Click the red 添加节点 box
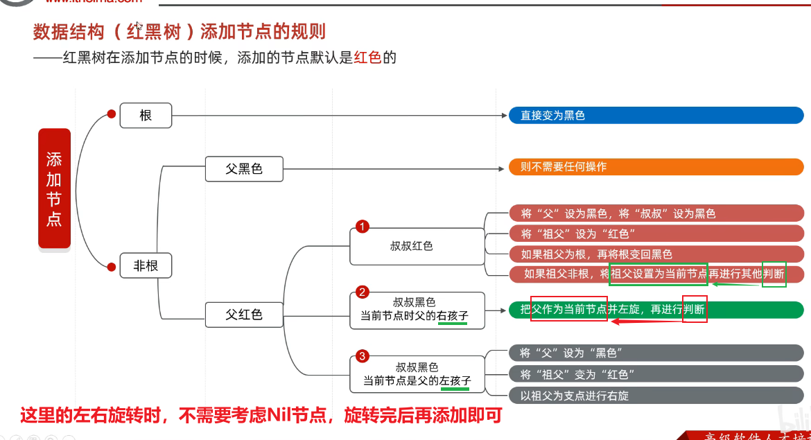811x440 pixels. point(54,188)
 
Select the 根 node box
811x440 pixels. point(146,115)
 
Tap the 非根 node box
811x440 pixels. point(146,265)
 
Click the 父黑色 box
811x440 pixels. point(244,168)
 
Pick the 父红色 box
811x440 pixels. point(244,314)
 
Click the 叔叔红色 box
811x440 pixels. point(416,246)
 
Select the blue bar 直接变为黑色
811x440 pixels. point(655,115)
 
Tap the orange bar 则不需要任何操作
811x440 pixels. point(655,167)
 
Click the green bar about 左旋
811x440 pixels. point(655,309)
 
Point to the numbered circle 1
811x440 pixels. point(362,227)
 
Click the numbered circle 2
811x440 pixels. point(362,292)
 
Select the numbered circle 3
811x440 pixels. point(362,356)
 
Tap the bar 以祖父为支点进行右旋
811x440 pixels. point(655,396)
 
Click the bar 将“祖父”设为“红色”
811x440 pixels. point(655,234)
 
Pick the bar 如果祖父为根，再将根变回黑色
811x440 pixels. point(655,254)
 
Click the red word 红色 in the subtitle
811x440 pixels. point(367,58)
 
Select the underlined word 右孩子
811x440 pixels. point(453,316)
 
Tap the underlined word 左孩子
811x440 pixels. point(455,381)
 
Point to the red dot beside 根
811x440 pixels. point(111,115)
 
